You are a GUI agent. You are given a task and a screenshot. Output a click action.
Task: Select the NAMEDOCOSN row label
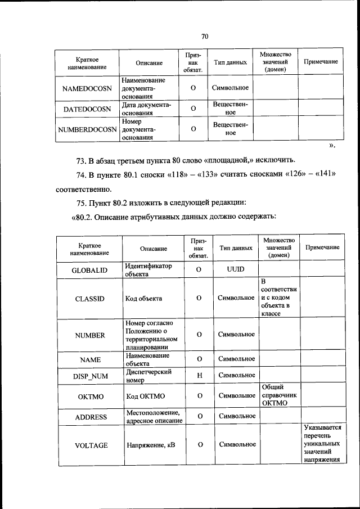87,88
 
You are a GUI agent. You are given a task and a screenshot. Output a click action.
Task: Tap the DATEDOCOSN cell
87,109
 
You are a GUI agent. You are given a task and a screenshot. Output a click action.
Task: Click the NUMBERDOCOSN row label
87,129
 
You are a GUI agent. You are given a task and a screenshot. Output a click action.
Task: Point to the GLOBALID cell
89,270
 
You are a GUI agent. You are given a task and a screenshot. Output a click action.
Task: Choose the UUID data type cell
236,269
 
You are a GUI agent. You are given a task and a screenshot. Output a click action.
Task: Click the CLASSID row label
89,299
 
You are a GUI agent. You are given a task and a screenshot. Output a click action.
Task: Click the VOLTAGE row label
91,445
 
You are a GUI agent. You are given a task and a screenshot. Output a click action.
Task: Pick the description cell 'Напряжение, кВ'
150,445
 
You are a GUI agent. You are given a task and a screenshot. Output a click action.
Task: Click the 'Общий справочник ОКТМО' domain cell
278,395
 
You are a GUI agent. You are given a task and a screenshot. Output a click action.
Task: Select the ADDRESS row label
89,417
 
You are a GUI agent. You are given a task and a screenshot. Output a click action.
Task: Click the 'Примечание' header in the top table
321,61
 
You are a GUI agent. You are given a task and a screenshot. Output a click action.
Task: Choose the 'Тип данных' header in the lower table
236,248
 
